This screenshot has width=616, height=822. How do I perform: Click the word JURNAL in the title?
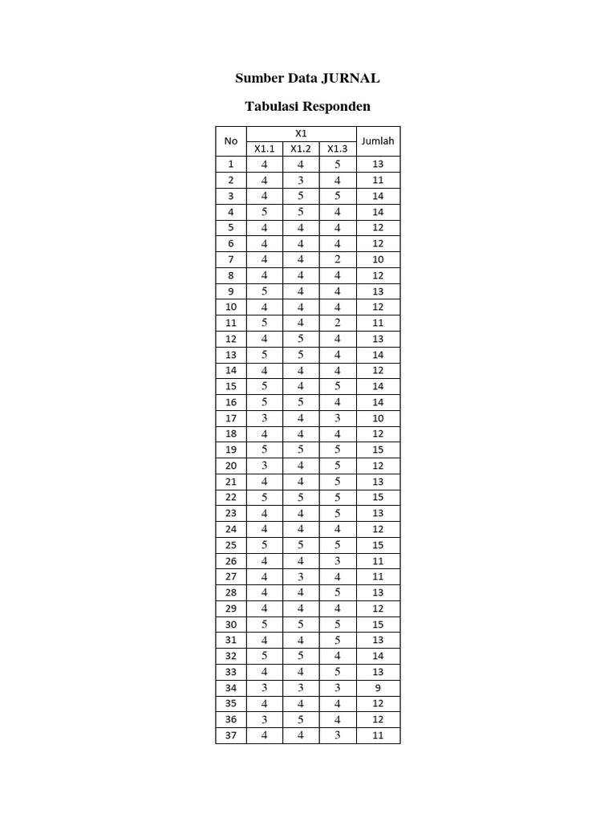(351, 79)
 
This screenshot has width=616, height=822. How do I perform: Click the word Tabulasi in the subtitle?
(275, 107)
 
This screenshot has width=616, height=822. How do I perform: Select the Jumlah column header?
(378, 141)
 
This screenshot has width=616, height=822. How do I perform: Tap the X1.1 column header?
(265, 149)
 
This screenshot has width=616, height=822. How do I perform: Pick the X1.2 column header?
(301, 149)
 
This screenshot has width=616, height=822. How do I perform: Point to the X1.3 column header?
(338, 149)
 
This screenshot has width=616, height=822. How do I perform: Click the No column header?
(231, 141)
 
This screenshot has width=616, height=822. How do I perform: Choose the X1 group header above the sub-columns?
(301, 133)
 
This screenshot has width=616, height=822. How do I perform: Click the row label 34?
(231, 688)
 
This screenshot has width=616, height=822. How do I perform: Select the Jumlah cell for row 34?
(378, 688)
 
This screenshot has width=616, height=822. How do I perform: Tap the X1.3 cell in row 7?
(338, 259)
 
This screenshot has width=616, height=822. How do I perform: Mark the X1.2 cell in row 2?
(301, 181)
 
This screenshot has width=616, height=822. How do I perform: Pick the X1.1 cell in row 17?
(265, 418)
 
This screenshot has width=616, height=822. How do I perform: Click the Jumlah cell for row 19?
(378, 450)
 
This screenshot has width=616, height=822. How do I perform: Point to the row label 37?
(231, 735)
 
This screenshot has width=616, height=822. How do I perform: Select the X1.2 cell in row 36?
(301, 719)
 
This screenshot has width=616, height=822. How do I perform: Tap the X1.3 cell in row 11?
(338, 323)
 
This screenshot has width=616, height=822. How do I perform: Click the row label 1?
(231, 165)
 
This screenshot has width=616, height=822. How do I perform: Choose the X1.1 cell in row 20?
(265, 466)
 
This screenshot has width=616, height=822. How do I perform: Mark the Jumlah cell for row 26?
(378, 561)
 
